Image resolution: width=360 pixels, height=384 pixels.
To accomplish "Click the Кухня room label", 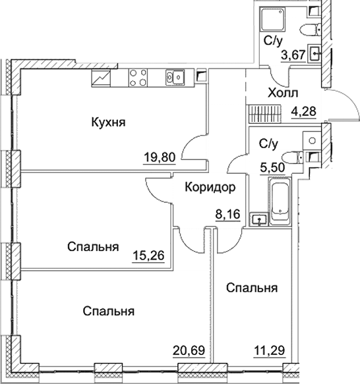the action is (108, 123).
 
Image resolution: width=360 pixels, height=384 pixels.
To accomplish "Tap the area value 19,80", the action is (160, 157).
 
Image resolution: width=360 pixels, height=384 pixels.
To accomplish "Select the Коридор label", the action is (210, 187).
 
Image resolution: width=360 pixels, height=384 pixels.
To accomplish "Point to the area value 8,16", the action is (227, 215).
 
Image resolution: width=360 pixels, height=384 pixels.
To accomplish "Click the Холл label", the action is (283, 93).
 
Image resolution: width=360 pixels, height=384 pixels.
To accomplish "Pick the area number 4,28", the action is (303, 111).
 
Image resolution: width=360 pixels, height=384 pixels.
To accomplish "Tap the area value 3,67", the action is (293, 55).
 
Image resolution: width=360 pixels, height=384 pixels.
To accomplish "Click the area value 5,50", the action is (272, 168).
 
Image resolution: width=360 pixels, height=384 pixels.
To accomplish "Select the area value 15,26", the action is (148, 256).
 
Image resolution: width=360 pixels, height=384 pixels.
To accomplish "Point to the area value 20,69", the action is (189, 350).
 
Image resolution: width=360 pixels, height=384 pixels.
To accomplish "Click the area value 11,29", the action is (269, 350).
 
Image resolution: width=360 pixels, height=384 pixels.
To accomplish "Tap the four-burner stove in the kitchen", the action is (138, 77).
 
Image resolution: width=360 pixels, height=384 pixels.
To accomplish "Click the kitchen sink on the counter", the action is (175, 77).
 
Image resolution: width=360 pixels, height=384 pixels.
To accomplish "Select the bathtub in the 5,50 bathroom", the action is (280, 201).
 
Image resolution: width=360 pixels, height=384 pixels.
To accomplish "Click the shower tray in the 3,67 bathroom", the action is (273, 19).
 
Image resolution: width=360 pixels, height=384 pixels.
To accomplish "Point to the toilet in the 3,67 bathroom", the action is (310, 30).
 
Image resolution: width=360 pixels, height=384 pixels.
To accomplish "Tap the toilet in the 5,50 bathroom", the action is (292, 157).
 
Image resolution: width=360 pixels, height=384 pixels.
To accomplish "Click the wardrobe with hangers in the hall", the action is (264, 114).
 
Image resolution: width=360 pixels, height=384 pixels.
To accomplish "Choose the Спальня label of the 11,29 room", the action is (252, 288).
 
